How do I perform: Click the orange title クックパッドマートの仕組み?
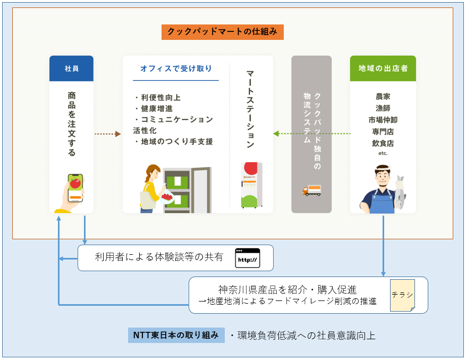click(x=222, y=32)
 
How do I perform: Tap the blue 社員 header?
click(x=71, y=69)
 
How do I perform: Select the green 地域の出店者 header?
click(x=383, y=69)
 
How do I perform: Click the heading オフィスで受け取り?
click(x=176, y=69)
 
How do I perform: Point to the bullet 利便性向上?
click(x=160, y=98)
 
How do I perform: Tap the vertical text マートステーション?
click(x=250, y=109)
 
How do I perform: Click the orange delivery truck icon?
click(x=311, y=190)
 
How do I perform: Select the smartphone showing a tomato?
click(x=75, y=188)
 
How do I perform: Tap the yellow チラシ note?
click(x=402, y=295)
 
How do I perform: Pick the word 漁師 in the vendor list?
click(x=383, y=108)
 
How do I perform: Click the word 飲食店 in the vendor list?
click(x=383, y=143)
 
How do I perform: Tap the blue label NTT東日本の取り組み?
click(x=176, y=336)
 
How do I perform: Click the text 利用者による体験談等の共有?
click(x=159, y=258)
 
